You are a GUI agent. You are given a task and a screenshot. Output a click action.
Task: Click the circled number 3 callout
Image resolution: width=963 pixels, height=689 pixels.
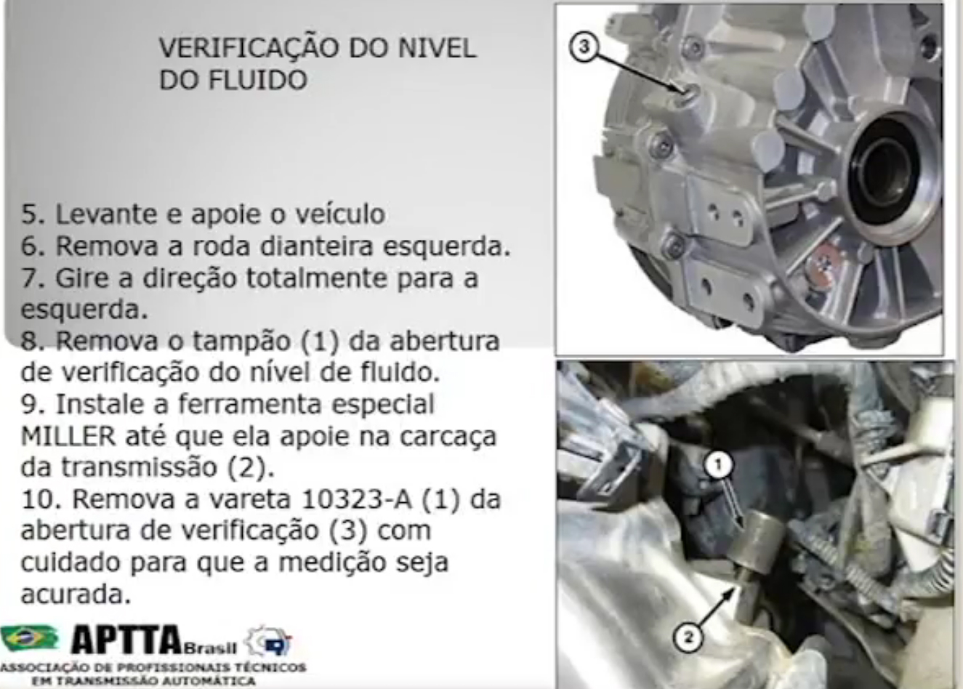584,47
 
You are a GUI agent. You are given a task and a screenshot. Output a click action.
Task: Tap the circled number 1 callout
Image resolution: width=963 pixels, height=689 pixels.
717,466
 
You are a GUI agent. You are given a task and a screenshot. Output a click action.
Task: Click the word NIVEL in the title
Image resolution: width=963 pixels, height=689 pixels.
438,48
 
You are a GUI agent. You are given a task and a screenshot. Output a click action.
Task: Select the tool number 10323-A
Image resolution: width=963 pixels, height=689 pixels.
356,499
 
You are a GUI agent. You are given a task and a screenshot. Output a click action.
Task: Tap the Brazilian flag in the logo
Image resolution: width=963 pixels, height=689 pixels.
29,639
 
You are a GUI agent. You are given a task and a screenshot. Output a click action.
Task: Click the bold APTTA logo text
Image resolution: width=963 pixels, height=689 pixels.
126,639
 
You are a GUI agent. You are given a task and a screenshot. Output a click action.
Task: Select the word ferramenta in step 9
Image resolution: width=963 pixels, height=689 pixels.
249,404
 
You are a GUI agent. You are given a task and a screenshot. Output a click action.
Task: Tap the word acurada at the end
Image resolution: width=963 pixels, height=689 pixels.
76,595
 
